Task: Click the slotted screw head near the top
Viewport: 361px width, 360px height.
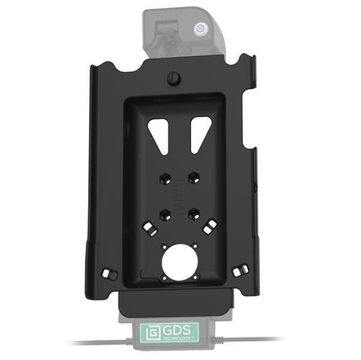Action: pos(172,78)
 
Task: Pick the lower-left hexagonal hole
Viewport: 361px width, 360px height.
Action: pos(164,214)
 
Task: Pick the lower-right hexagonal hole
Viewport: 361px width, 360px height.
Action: pos(194,214)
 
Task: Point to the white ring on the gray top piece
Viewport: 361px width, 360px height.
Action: pos(197,30)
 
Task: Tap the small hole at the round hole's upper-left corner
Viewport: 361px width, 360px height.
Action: pos(163,248)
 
